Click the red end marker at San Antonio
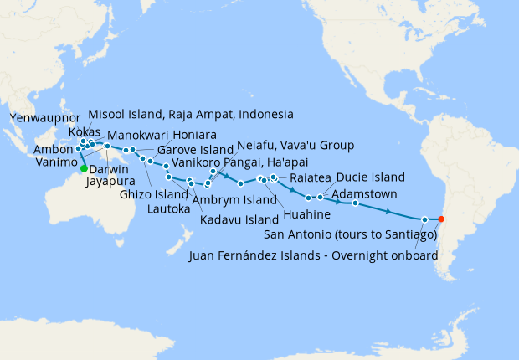pyautogui.click(x=442, y=219)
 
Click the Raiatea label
pyautogui.click(x=310, y=179)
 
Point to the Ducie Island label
pyautogui.click(x=371, y=177)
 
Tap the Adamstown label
pyautogui.click(x=365, y=193)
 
